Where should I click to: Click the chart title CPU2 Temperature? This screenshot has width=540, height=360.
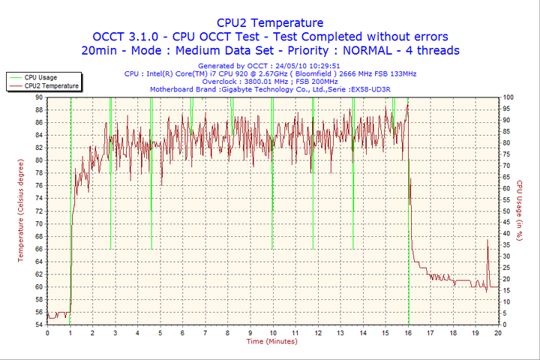[269, 22]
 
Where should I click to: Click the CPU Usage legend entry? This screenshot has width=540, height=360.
[40, 77]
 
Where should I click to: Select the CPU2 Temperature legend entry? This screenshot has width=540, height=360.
[51, 85]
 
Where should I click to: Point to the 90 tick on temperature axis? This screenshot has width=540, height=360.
[38, 97]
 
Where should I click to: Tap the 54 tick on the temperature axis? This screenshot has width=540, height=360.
[38, 325]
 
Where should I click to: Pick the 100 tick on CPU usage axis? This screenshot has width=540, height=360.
[508, 97]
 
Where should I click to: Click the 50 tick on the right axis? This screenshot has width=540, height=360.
[507, 211]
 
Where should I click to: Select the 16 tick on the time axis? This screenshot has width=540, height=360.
[408, 332]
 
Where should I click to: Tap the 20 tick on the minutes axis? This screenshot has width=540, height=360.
[498, 332]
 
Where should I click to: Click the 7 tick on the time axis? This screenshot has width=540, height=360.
[205, 332]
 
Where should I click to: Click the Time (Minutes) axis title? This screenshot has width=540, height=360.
[271, 341]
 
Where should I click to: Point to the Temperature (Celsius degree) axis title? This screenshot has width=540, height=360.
[21, 211]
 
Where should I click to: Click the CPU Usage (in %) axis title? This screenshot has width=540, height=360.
[518, 211]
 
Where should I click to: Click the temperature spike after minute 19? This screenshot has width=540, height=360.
[487, 241]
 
